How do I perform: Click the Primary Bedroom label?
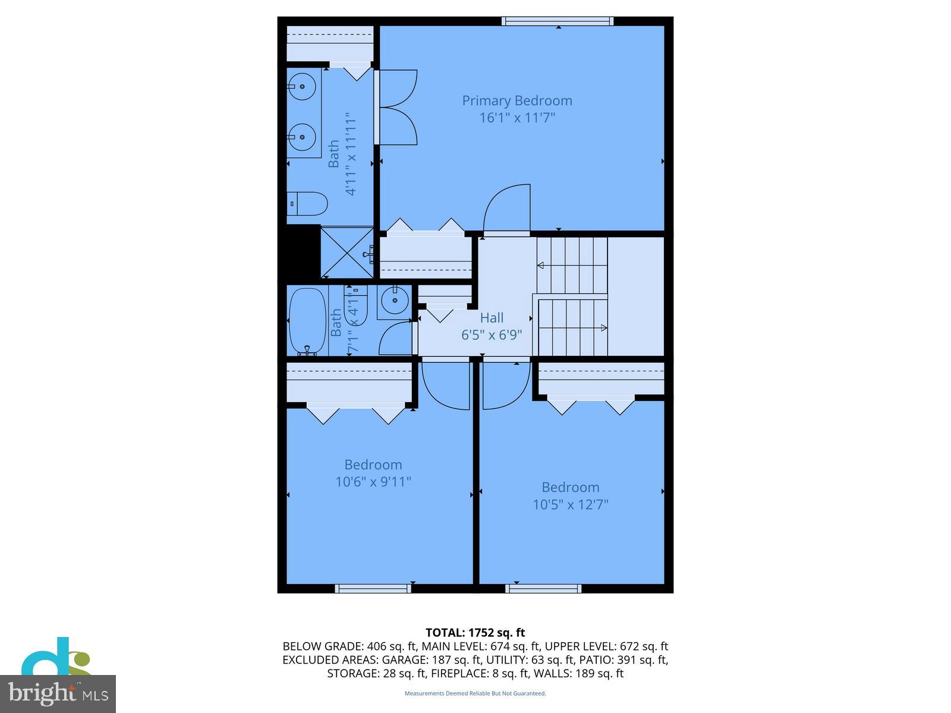517,100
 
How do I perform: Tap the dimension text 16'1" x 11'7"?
517,118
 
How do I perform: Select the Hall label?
492,318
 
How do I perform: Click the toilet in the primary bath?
308,204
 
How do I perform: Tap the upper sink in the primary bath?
303,87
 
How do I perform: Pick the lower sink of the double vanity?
303,137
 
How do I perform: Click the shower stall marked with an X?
347,252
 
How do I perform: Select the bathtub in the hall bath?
307,321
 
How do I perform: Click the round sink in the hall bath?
394,300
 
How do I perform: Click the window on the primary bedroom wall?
558,21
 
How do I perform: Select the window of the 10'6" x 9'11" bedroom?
373,588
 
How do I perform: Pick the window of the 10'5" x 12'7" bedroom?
543,588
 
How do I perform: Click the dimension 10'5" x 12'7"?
570,505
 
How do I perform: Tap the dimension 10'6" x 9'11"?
373,482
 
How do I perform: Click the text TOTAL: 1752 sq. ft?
475,633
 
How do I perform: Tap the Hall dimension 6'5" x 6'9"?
492,335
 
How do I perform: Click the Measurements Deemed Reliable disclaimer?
475,693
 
